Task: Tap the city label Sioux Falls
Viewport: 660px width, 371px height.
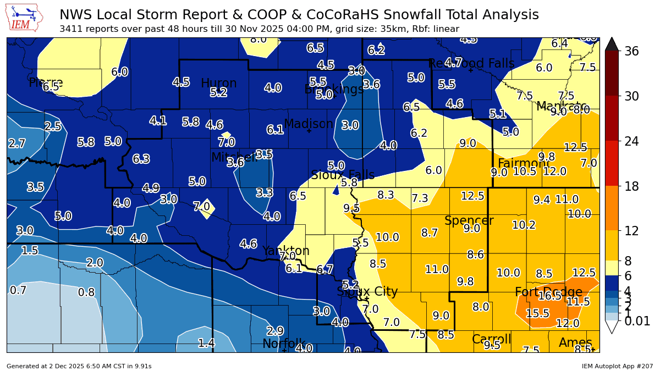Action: pos(343,175)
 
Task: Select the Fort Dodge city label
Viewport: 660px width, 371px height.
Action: pos(548,292)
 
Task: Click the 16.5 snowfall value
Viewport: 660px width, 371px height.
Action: pos(550,296)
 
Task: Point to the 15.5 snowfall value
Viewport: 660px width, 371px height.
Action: pos(537,313)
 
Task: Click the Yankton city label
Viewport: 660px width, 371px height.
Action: pos(285,251)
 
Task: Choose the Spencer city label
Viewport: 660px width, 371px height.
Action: pos(469,221)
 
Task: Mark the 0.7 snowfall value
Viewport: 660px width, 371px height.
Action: pos(18,290)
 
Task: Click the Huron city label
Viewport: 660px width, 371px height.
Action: pos(218,84)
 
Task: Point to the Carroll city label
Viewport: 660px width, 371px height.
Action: pos(491,339)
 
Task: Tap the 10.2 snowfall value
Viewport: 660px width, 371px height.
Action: pos(524,225)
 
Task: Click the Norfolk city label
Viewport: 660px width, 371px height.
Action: pos(283,344)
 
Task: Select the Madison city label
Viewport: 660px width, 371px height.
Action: pos(308,124)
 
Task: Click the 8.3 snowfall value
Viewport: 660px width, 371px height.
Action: pos(386,195)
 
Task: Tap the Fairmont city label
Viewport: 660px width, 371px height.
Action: pos(524,164)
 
